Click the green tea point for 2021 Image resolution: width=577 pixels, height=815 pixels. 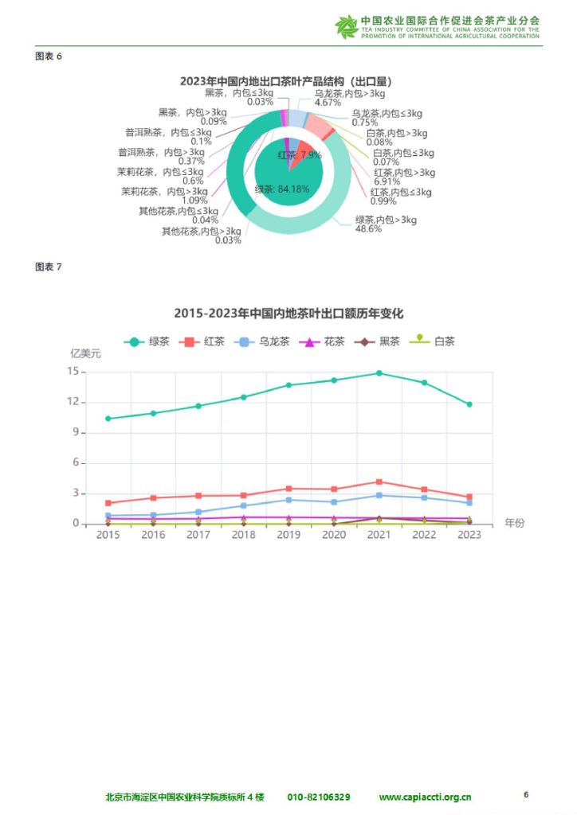pyautogui.click(x=379, y=372)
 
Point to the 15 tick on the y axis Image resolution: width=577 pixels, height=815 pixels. pyautogui.click(x=73, y=372)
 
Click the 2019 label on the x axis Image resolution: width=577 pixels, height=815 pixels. pyautogui.click(x=288, y=535)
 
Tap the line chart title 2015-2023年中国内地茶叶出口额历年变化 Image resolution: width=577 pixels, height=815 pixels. pyautogui.click(x=288, y=314)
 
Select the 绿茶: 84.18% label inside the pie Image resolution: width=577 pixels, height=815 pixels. pyautogui.click(x=282, y=189)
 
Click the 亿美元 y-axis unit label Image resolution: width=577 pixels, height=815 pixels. pyautogui.click(x=86, y=354)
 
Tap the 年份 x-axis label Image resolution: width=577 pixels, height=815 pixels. pyautogui.click(x=515, y=523)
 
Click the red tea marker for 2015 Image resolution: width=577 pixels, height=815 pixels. pyautogui.click(x=108, y=503)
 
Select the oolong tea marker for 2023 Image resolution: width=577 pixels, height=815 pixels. pyautogui.click(x=469, y=502)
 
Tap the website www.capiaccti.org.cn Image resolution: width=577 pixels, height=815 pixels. pyautogui.click(x=425, y=797)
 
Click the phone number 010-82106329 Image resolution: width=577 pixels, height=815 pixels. pyautogui.click(x=318, y=797)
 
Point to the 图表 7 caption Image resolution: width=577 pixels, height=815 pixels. pyautogui.click(x=49, y=267)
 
